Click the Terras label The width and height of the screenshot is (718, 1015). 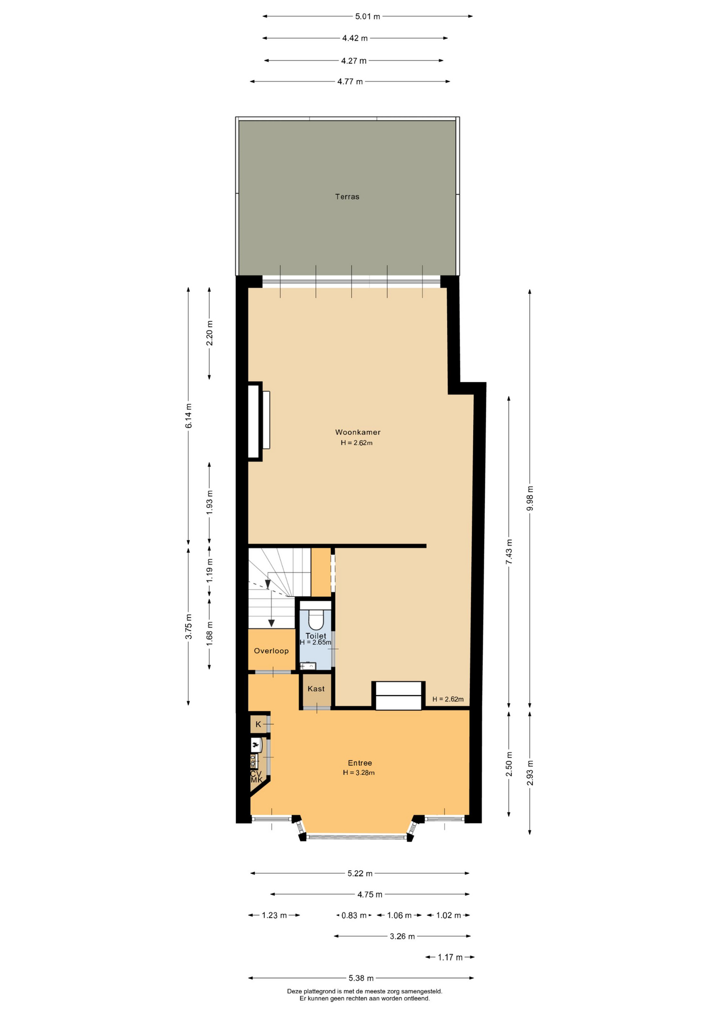point(347,197)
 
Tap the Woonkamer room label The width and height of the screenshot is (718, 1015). point(357,432)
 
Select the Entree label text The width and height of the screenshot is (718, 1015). point(360,763)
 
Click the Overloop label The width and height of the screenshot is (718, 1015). point(271,651)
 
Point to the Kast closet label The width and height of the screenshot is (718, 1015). point(316,689)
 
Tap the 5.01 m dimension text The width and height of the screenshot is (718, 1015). point(367,16)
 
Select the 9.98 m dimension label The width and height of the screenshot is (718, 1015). point(530,498)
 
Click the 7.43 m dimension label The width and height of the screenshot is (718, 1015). point(509,552)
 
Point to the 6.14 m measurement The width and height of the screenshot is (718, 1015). point(189,416)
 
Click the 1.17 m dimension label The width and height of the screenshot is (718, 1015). point(450,957)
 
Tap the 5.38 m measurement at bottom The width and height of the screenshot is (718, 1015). point(361,978)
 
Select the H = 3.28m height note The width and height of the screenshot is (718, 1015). point(358,773)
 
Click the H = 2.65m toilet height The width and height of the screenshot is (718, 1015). point(316,643)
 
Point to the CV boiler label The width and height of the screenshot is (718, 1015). point(256,773)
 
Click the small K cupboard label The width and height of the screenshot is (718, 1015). point(258,724)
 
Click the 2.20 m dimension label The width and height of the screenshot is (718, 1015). point(209,334)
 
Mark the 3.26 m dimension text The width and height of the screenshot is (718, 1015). point(402,936)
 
